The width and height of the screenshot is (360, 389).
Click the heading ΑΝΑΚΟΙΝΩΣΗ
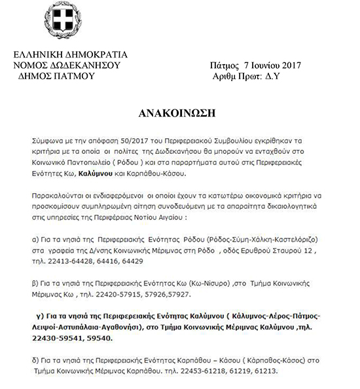tap(180, 112)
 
